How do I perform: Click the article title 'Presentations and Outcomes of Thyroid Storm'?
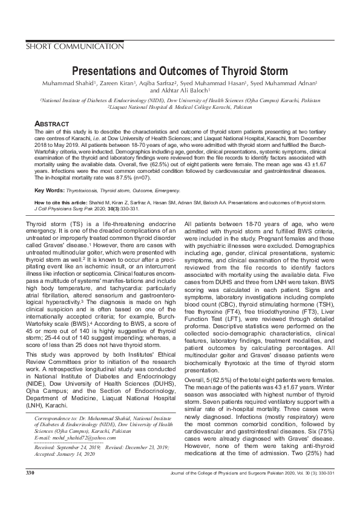180,71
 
